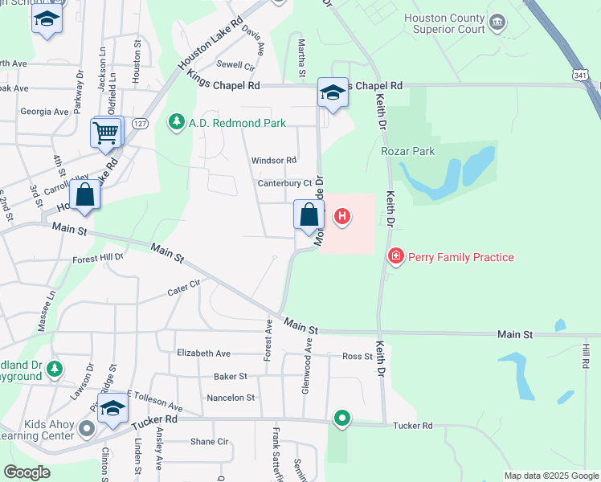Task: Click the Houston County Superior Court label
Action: point(444,23)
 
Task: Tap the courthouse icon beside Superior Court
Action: point(497,21)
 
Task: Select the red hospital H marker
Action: point(342,216)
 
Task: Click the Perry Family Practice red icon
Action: point(395,257)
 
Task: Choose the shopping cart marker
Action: point(107,133)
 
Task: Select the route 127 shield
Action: point(140,123)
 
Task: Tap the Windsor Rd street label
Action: point(274,161)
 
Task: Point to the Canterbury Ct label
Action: point(284,184)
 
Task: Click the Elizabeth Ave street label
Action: point(203,353)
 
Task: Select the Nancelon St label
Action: point(231,398)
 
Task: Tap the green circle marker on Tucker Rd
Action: point(342,418)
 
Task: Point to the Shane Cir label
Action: point(210,441)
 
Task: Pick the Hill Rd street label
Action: point(586,356)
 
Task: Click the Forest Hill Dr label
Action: point(98,258)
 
